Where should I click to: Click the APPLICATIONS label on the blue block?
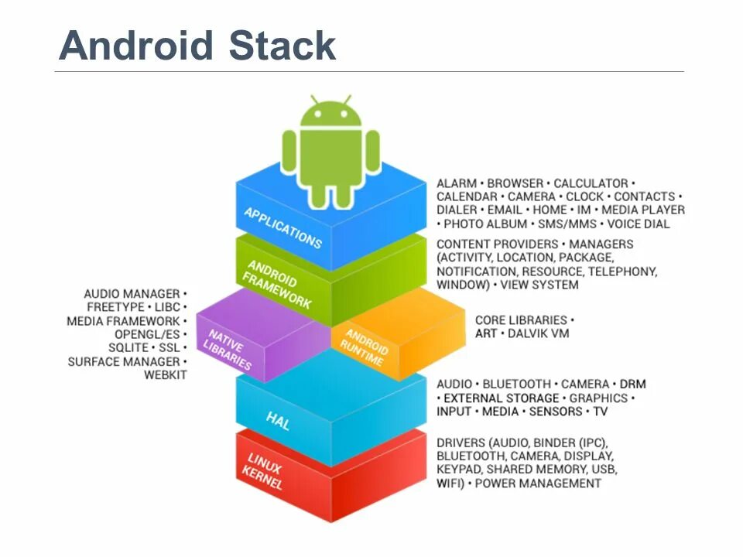[x=282, y=227]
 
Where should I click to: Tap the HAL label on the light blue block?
[x=278, y=421]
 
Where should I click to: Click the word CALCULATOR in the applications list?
[x=591, y=183]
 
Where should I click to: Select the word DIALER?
[x=457, y=210]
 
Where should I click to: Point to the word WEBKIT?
[x=165, y=375]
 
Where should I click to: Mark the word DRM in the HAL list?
[x=632, y=384]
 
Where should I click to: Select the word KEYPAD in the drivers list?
[x=460, y=470]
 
